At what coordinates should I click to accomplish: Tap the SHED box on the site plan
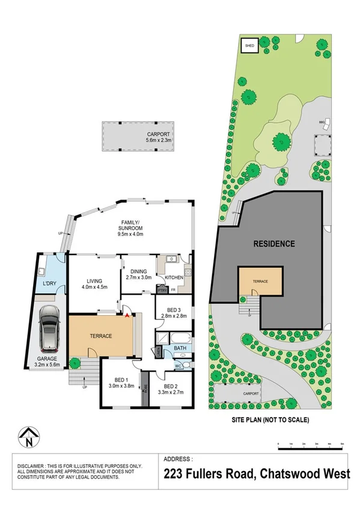pos(248,45)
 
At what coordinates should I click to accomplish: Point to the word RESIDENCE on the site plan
pos(273,244)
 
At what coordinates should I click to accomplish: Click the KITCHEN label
pos(174,278)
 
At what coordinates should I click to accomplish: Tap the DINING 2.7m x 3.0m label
pos(138,275)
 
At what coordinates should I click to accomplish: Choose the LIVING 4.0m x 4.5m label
pos(94,283)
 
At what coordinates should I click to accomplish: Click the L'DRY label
pos(49,283)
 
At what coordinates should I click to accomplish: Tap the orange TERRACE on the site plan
pos(260,281)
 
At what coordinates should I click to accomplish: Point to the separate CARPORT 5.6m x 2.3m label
pos(158,137)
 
